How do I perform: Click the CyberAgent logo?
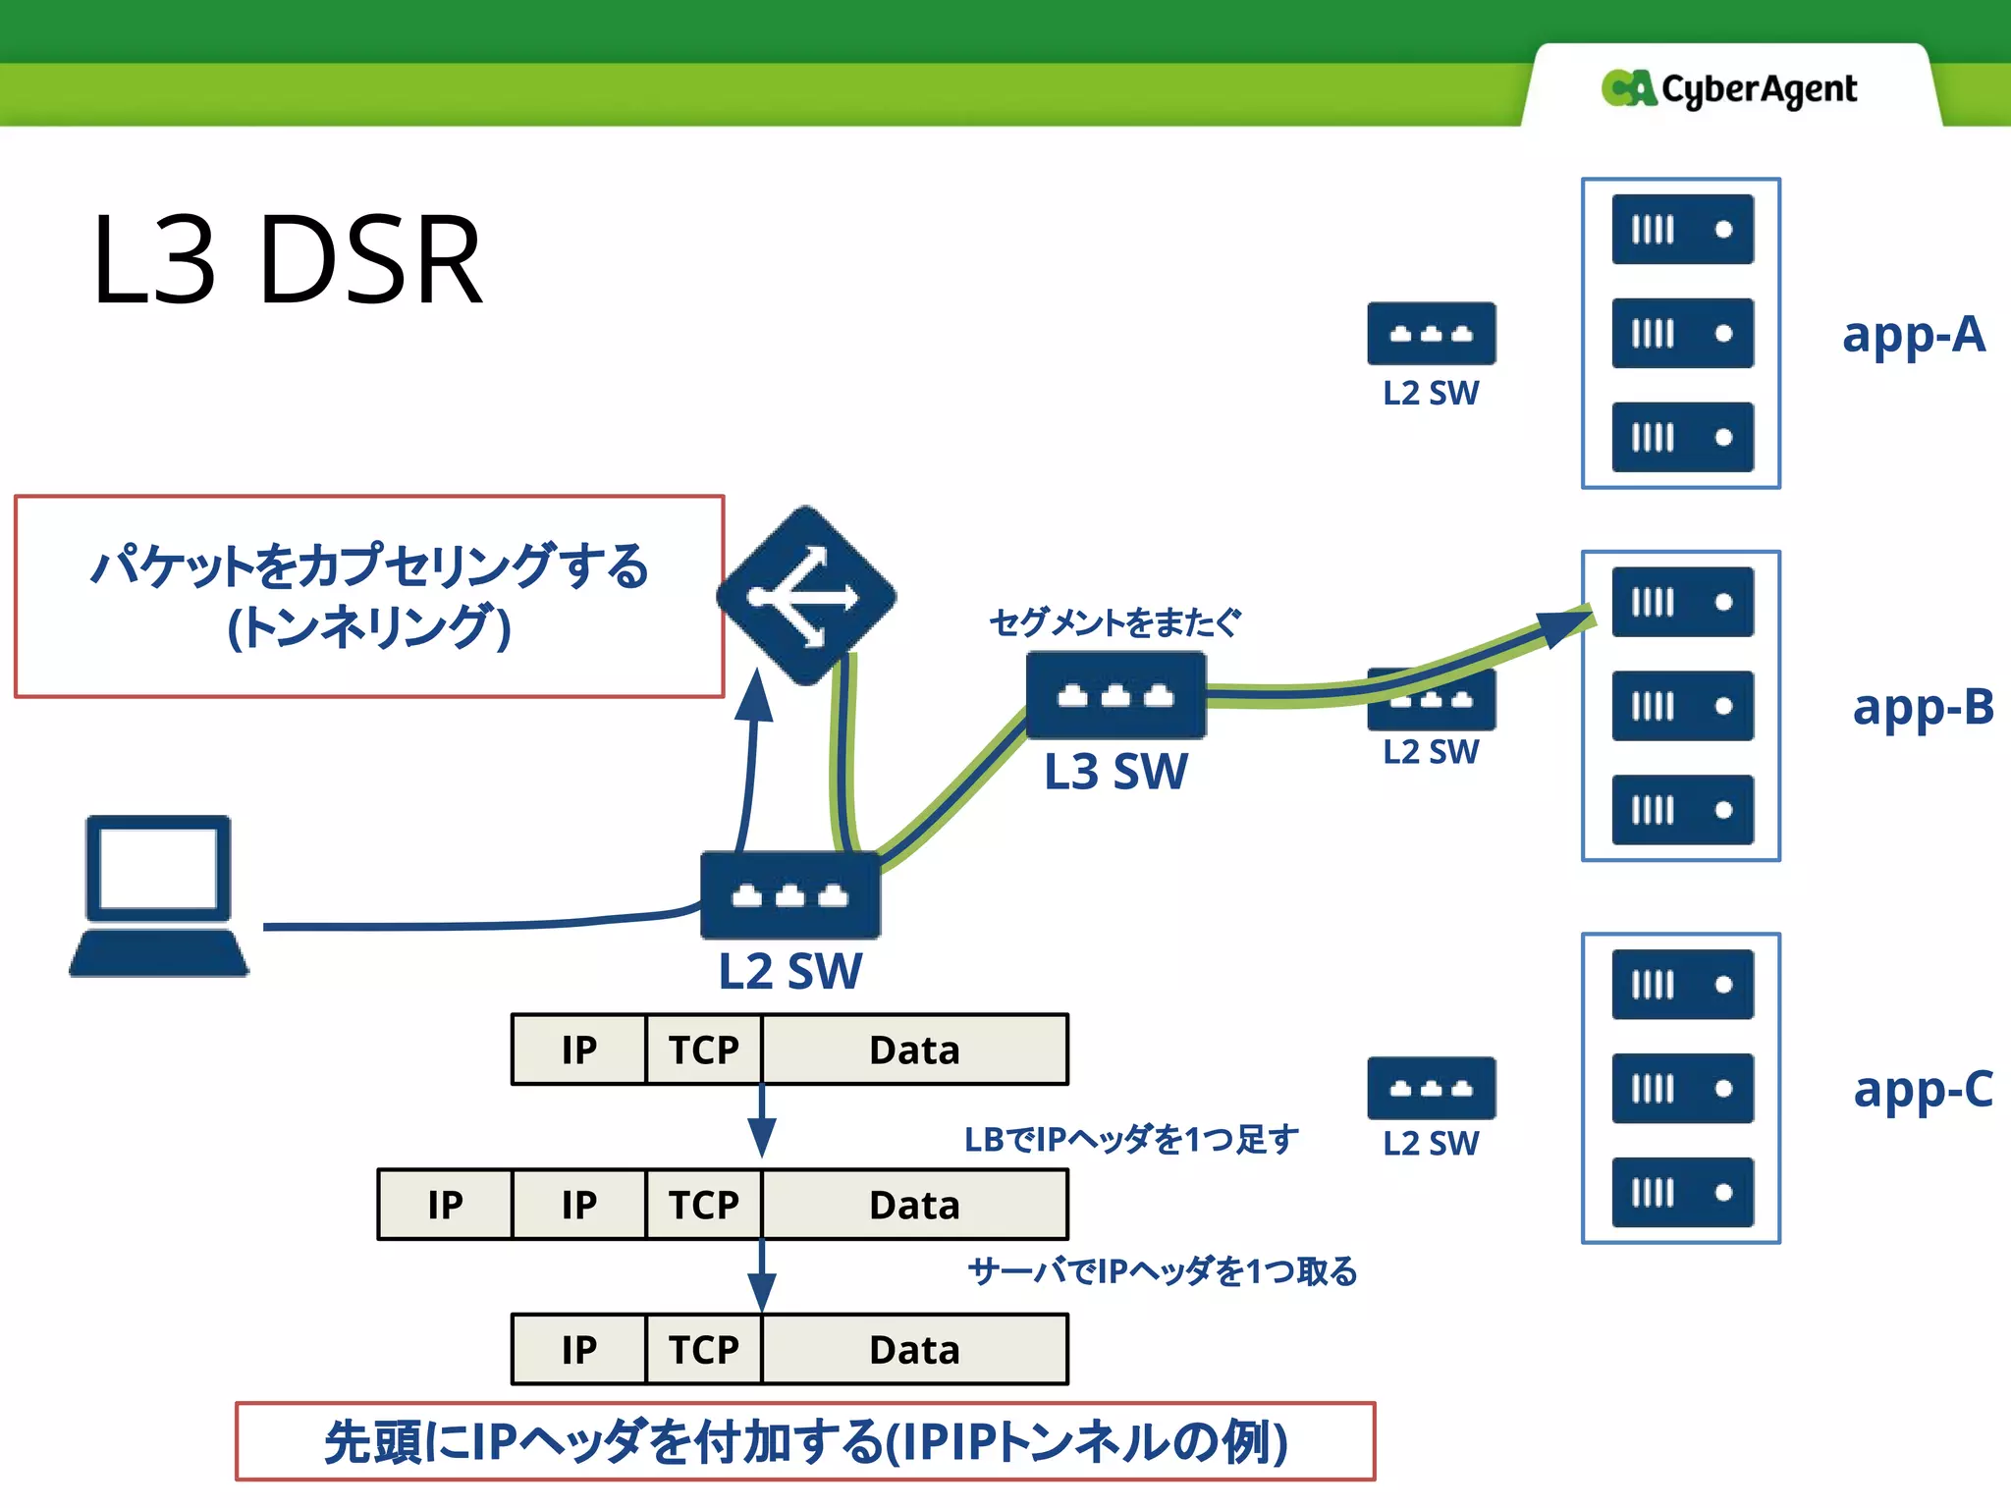click(x=1729, y=88)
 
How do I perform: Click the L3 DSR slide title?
click(x=287, y=261)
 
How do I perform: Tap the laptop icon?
click(x=158, y=894)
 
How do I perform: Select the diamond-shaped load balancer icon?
click(x=806, y=595)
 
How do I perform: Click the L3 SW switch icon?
click(x=1115, y=695)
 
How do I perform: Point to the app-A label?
click(x=1913, y=335)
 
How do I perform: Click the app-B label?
click(x=1922, y=707)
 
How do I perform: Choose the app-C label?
click(x=1922, y=1089)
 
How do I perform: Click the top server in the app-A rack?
click(x=1682, y=230)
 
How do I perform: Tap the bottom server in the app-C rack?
click(x=1682, y=1192)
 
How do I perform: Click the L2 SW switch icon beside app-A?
click(x=1431, y=334)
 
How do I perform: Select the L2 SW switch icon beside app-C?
click(x=1431, y=1088)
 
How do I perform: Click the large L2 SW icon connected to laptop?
click(x=789, y=894)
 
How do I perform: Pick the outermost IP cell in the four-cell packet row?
click(x=445, y=1205)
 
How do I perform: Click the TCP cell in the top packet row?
click(x=703, y=1050)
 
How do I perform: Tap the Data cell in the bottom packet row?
click(x=914, y=1350)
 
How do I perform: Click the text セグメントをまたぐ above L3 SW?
click(x=1114, y=622)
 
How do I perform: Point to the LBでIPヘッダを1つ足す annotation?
click(x=1130, y=1139)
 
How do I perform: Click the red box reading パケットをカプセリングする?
click(x=369, y=596)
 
